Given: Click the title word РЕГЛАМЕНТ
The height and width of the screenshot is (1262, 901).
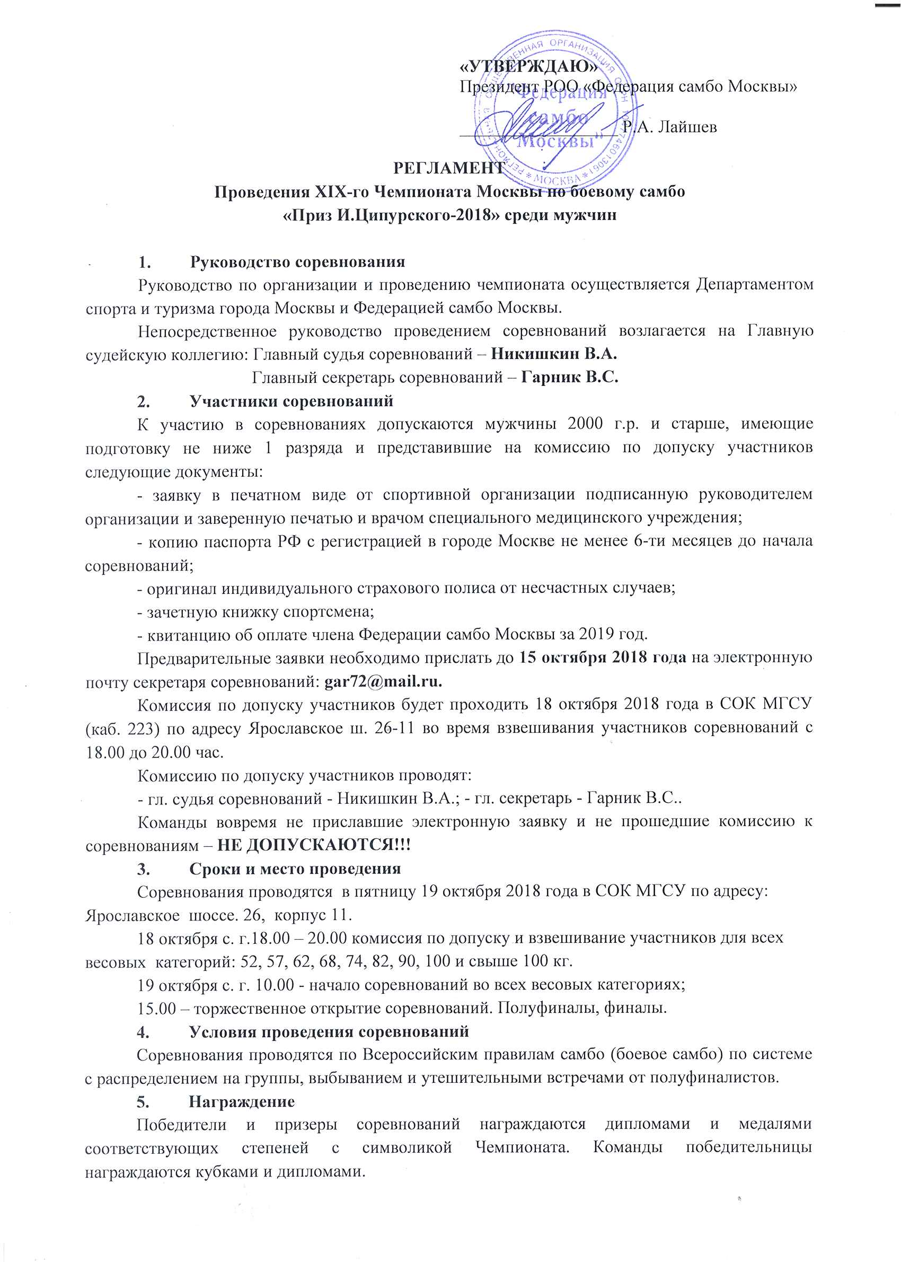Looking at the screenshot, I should [449, 168].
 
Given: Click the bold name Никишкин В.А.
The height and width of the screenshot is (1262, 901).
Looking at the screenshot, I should [554, 354].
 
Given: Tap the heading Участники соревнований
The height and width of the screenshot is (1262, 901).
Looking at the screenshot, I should [291, 401].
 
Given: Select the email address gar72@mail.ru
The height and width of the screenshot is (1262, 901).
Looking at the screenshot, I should [383, 681].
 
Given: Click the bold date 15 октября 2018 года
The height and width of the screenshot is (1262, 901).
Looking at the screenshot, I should [603, 658].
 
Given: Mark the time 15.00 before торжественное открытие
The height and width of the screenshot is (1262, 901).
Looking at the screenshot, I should [156, 1009].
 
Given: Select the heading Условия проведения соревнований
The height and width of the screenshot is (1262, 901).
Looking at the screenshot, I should [329, 1032].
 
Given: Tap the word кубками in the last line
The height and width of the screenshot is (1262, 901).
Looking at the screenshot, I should [218, 1172].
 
